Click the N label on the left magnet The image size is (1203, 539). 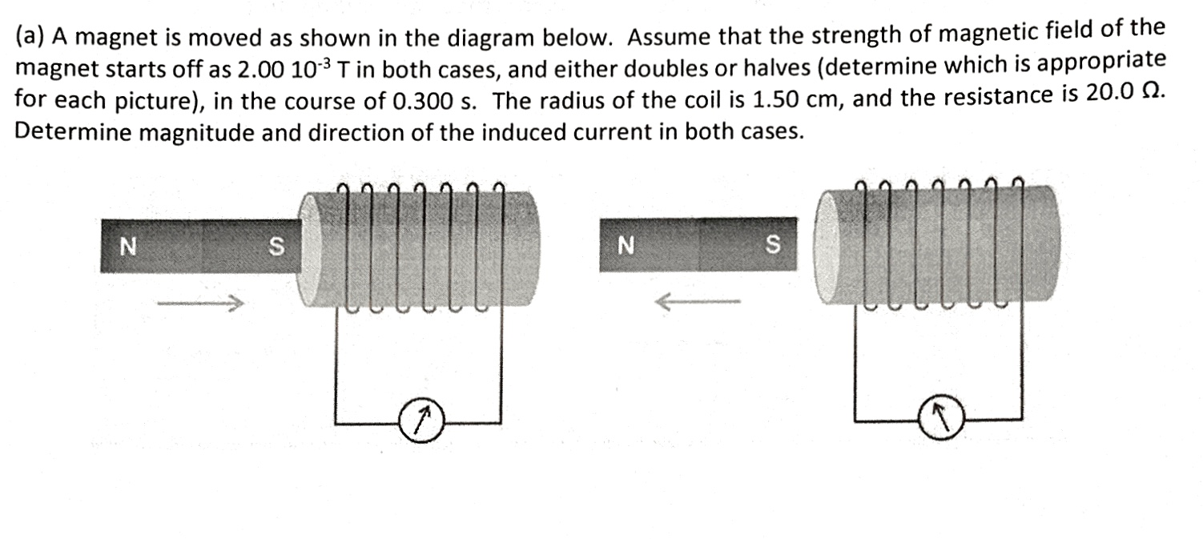(x=125, y=246)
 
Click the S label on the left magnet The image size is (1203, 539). (x=275, y=247)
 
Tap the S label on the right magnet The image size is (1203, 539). (x=772, y=243)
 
